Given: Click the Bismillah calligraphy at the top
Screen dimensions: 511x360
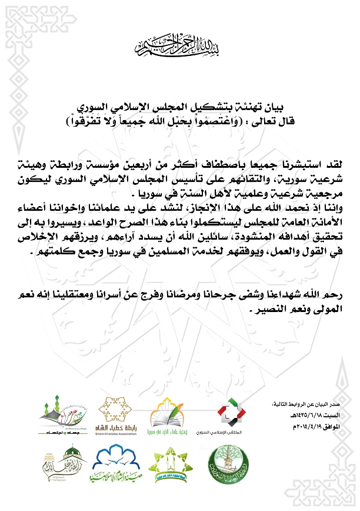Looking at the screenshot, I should [179, 44].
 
